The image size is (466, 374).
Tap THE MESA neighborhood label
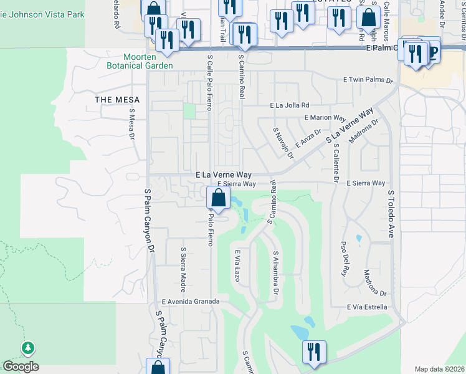(117, 100)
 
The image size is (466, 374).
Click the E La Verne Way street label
(223, 175)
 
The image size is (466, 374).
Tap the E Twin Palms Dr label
(369, 80)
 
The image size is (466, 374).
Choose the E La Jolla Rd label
(289, 105)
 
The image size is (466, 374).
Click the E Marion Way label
(325, 117)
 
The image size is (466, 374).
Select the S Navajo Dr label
(283, 142)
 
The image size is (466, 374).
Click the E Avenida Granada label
(191, 301)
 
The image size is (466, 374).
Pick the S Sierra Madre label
(184, 265)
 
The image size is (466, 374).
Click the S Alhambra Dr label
(275, 274)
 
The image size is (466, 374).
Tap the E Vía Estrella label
(367, 307)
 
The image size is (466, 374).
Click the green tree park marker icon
(27, 348)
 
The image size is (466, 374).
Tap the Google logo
(21, 367)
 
